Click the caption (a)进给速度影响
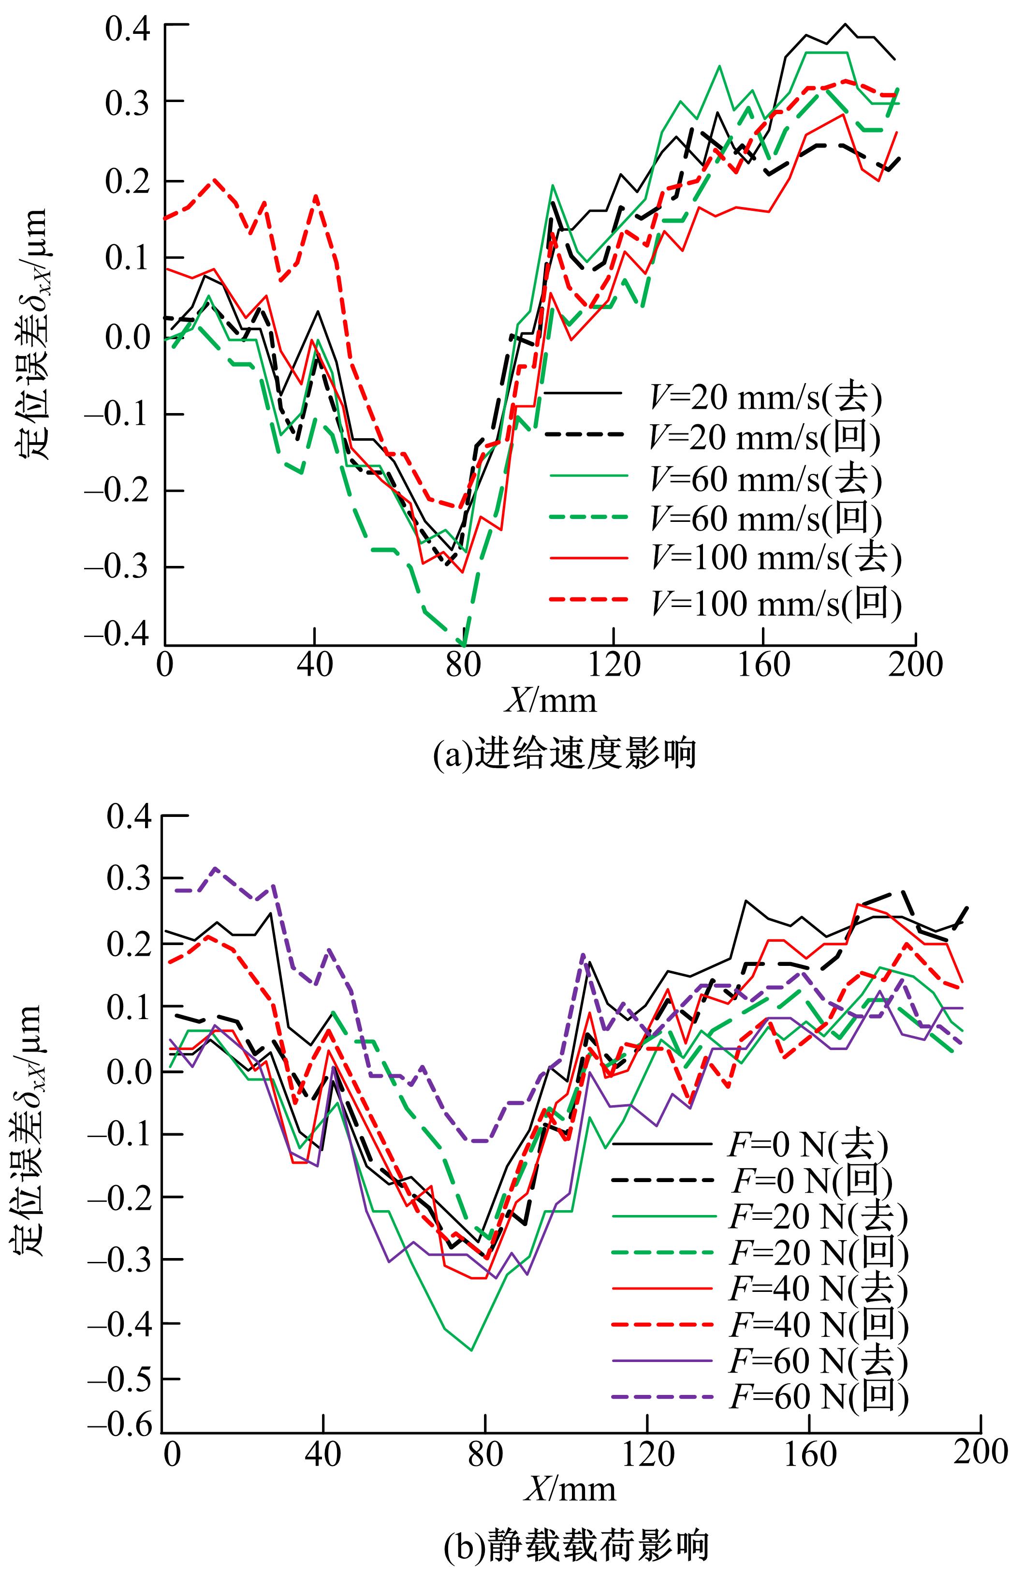click(x=565, y=754)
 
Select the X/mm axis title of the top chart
click(x=551, y=700)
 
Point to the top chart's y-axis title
click(x=31, y=334)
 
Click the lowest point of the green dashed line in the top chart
click(x=464, y=645)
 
